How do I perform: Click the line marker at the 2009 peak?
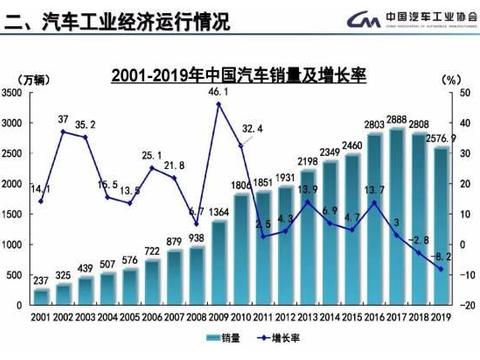coord(218,104)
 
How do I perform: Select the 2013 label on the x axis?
coord(307,317)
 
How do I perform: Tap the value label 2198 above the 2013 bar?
coord(307,161)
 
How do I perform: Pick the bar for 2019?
coord(440,225)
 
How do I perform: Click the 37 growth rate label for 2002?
coord(63,119)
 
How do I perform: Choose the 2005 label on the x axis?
coord(129,317)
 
